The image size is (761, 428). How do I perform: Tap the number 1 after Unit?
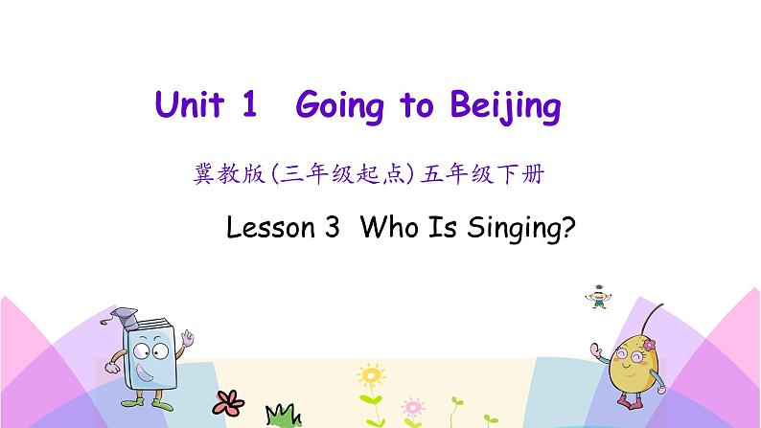coord(249,106)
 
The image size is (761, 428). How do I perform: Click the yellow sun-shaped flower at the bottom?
coord(369,373)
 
